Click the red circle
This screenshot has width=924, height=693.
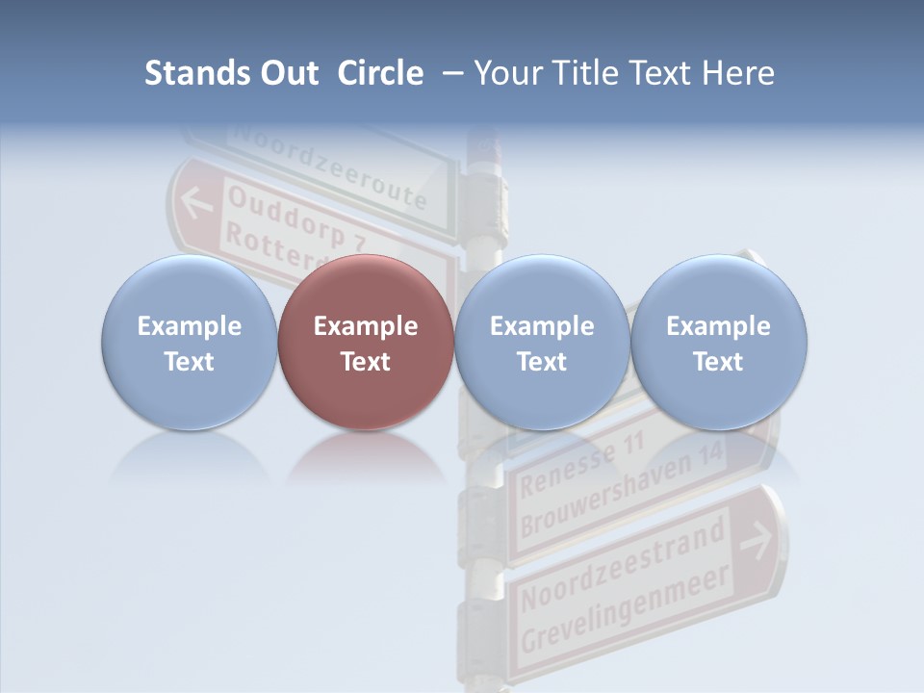pyautogui.click(x=366, y=343)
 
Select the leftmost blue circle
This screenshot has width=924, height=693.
pyautogui.click(x=190, y=343)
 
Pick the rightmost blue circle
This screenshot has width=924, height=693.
pyautogui.click(x=718, y=343)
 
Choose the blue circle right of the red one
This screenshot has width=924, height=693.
pyautogui.click(x=542, y=343)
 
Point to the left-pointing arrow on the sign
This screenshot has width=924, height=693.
pyautogui.click(x=197, y=203)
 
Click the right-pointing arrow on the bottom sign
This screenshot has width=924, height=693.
pyautogui.click(x=756, y=541)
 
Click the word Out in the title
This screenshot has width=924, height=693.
pyautogui.click(x=287, y=73)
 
